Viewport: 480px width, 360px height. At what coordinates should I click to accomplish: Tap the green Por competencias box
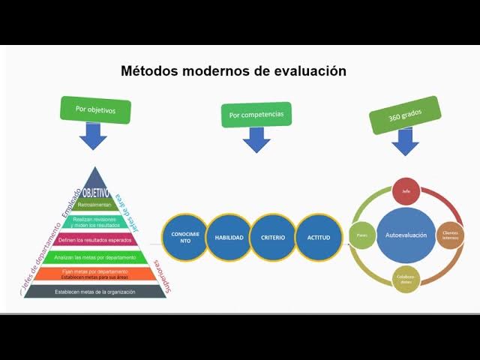coord(256,115)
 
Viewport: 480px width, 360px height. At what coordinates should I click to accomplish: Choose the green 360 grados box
coord(404,115)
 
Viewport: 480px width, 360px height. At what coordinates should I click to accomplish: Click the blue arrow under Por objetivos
coord(94,136)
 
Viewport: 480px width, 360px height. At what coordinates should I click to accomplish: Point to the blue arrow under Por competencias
coord(256,139)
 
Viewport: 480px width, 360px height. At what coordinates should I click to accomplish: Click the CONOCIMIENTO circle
coord(185,237)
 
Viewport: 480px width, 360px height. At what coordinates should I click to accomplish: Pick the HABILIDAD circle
coord(229,237)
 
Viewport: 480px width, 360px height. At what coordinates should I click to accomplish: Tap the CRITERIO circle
coord(273,237)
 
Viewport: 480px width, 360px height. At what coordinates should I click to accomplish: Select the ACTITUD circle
coord(318,237)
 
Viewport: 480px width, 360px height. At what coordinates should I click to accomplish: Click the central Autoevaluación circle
coord(406,235)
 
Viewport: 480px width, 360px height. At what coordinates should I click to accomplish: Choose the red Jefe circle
coord(406,191)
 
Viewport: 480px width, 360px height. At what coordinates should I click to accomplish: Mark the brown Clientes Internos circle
coord(451,235)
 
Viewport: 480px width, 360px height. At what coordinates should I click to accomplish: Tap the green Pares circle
coord(361,235)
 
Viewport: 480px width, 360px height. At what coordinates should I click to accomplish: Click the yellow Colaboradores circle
coord(406,279)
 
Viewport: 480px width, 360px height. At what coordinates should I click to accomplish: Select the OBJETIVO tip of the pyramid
coord(94,192)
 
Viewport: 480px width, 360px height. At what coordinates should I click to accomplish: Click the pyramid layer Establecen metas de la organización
coord(94,291)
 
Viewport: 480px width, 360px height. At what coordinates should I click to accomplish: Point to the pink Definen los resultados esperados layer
coord(94,239)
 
